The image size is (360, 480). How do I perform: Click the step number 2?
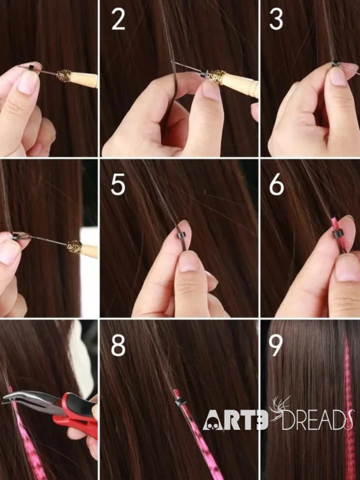click(x=118, y=19)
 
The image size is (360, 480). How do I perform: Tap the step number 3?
click(x=276, y=19)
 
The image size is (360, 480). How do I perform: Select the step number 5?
click(x=118, y=185)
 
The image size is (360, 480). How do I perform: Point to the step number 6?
click(x=277, y=185)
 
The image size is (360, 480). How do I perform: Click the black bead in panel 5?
click(x=182, y=237)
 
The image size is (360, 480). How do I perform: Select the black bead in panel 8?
click(x=180, y=402)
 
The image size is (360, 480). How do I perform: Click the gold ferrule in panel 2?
click(x=217, y=77)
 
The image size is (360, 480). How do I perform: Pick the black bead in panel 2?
click(x=204, y=74)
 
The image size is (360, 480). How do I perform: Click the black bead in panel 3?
click(x=336, y=64)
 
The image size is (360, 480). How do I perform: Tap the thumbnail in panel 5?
click(x=189, y=263)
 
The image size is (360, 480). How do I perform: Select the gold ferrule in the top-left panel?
click(x=64, y=75)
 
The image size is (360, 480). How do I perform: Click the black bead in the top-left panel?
click(x=31, y=68)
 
